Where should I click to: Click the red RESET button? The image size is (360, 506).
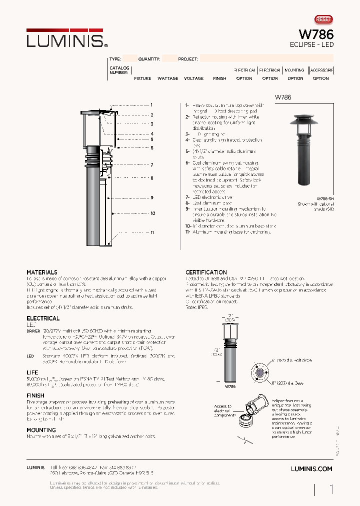tap(323, 19)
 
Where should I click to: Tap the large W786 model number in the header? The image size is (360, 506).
tap(315, 34)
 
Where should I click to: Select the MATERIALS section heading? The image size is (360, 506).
tap(42, 272)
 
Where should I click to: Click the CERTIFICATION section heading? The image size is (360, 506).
tap(206, 272)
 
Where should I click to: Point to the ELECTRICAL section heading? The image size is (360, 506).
tap(43, 318)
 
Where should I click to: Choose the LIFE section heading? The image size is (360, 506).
tap(32, 372)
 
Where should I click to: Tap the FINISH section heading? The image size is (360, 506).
tap(35, 395)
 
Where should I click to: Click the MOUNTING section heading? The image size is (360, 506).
tap(41, 430)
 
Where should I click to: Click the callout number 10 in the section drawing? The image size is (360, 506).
tap(152, 213)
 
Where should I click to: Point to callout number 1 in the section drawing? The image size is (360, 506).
tap(151, 105)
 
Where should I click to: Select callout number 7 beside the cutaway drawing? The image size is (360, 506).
tap(151, 164)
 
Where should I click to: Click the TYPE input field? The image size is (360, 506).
tap(129, 58)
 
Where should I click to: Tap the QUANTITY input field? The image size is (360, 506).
tap(169, 58)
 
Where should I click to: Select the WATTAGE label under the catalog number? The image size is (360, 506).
tap(167, 78)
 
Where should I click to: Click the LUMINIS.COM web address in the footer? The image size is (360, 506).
tap(311, 469)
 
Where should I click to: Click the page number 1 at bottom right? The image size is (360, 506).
tap(331, 489)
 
